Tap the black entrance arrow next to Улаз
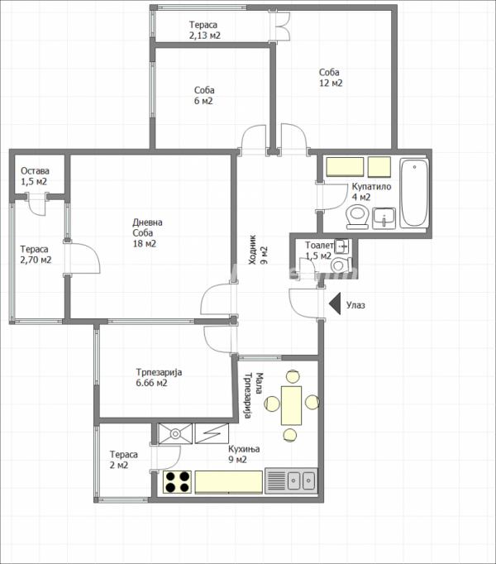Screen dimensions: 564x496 [x=334, y=304]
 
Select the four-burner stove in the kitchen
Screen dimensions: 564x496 [x=175, y=480]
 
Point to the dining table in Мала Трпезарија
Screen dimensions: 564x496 [x=291, y=404]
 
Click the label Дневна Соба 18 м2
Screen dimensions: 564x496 [x=147, y=232]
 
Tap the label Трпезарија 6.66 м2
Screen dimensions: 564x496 [x=159, y=377]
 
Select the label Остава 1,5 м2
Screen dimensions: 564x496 [x=34, y=176]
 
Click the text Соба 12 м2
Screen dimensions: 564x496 [x=331, y=78]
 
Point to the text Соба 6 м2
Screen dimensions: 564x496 [x=204, y=96]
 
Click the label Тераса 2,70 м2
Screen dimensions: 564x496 [x=35, y=254]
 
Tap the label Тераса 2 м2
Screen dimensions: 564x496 [x=123, y=460]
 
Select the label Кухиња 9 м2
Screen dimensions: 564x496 [x=244, y=454]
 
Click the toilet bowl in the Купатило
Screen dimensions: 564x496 [x=357, y=216]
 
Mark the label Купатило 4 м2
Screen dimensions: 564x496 [x=370, y=192]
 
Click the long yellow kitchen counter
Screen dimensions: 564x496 [x=228, y=480]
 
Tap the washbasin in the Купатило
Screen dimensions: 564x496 [x=384, y=217]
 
